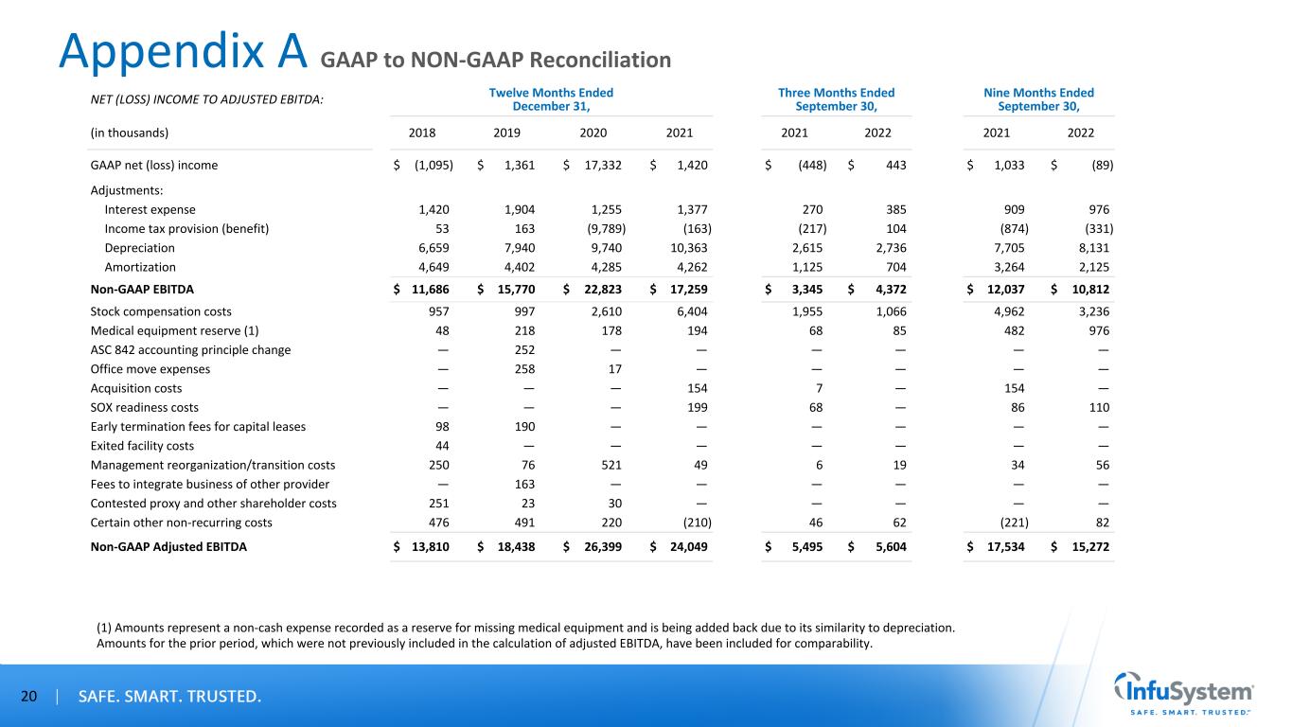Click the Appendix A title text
[x=184, y=52]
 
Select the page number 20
[x=28, y=698]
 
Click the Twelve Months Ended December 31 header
[x=551, y=98]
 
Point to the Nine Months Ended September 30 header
[x=1038, y=98]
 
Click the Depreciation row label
[x=139, y=248]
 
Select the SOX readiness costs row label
[x=144, y=407]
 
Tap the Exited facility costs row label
[x=142, y=445]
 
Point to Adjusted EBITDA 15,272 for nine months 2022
[x=1090, y=545]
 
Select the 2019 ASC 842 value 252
[x=522, y=349]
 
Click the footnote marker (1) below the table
[x=106, y=627]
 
